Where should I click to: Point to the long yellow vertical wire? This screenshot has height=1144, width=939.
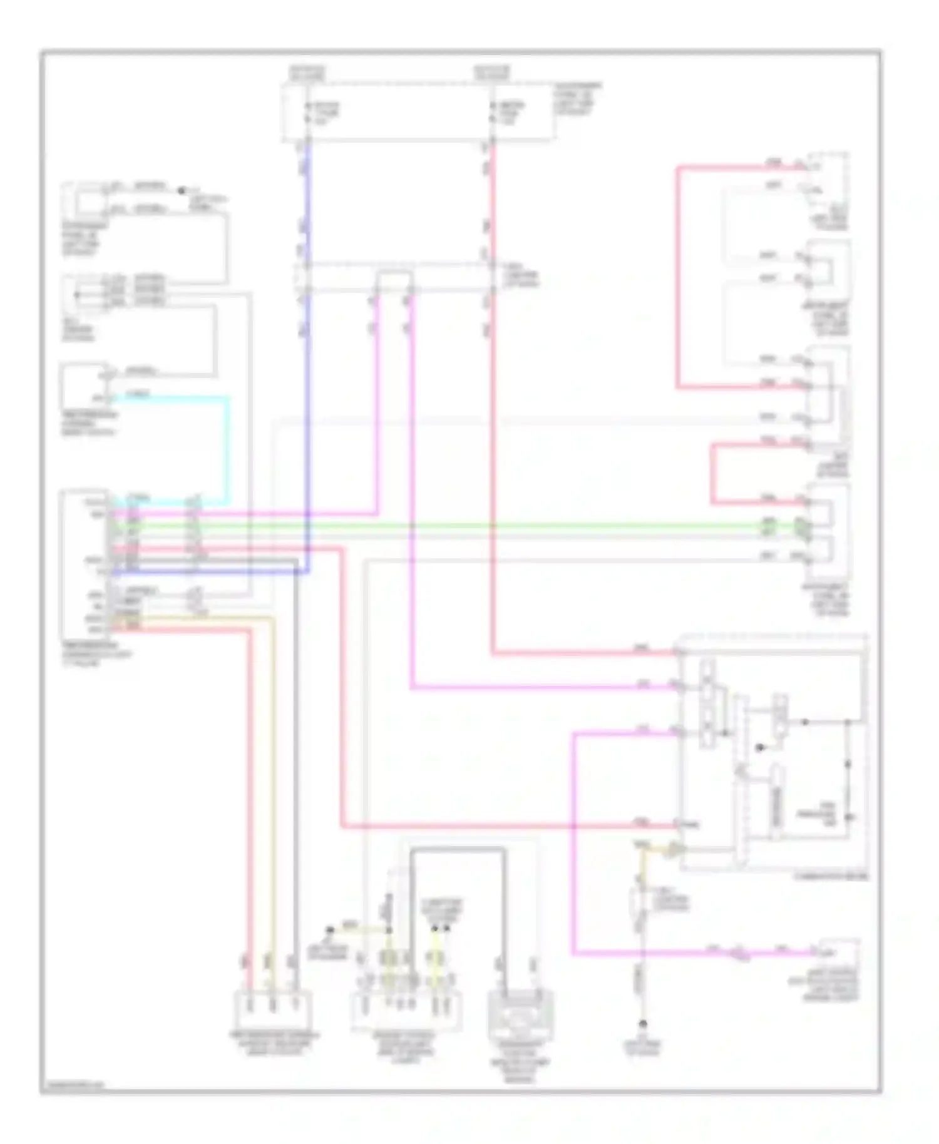[x=273, y=782]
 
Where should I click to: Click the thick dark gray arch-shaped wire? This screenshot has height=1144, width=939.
[x=457, y=849]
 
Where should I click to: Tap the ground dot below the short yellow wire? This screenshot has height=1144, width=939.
[x=642, y=1024]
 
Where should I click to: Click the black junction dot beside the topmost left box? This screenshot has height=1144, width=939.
[x=182, y=190]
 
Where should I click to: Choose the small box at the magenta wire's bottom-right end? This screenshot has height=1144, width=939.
[x=839, y=952]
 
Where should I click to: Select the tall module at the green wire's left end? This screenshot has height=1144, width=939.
[x=85, y=563]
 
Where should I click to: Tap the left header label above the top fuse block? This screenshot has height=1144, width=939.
[x=307, y=73]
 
